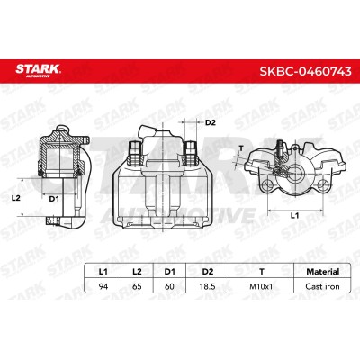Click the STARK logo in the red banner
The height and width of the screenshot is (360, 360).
[x=38, y=71]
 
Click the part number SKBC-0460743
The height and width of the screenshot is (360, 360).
[x=305, y=71]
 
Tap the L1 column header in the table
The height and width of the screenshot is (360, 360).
[x=103, y=272]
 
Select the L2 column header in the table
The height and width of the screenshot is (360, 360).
[x=137, y=272]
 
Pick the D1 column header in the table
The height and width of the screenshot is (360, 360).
[x=169, y=272]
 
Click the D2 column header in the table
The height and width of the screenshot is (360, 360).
[x=208, y=272]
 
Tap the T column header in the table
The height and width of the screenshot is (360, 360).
[x=262, y=272]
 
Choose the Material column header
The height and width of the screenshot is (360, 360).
[x=323, y=272]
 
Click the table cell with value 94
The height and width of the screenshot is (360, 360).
[x=103, y=286]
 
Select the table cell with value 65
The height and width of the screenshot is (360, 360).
[x=137, y=286]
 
